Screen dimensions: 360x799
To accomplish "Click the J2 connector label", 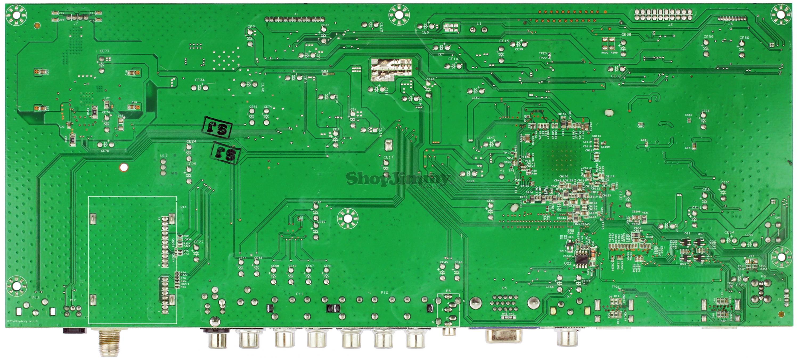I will (x=670, y=24).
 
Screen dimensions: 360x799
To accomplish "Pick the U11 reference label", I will (x=164, y=156).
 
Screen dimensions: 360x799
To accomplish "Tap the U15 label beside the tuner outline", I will (x=183, y=207).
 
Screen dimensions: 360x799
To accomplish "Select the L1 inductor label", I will (x=479, y=24).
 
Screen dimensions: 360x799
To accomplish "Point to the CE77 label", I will (x=104, y=51).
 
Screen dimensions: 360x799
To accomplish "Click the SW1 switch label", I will (x=778, y=218).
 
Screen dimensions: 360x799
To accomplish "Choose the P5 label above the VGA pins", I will (x=504, y=288).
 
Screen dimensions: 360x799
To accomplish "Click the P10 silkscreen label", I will (x=384, y=293).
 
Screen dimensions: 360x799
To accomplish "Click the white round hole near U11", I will (x=124, y=167).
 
